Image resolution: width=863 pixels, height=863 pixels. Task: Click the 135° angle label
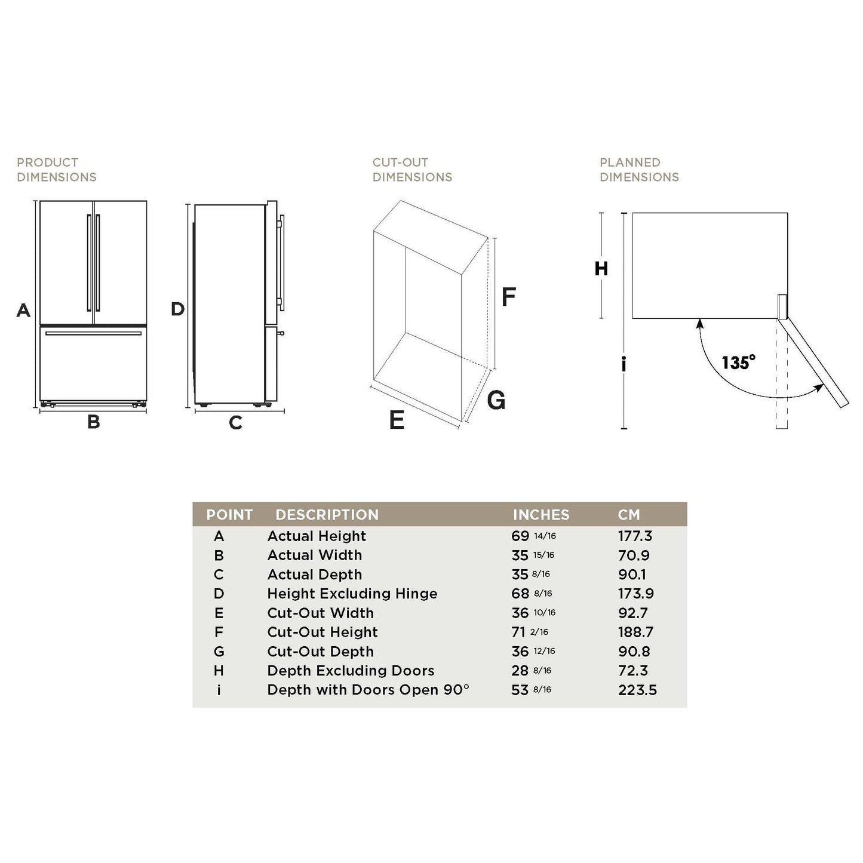point(738,362)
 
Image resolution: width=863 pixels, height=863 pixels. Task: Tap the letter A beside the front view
point(24,310)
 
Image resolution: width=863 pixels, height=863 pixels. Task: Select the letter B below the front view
point(94,422)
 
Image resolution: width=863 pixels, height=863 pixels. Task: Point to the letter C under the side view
point(235,423)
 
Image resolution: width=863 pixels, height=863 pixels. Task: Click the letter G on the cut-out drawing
point(496,400)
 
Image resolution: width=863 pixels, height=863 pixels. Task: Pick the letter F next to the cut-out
point(508,296)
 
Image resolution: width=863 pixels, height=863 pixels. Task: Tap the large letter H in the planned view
point(601,269)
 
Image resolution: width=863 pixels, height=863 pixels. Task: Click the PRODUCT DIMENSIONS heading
point(56,170)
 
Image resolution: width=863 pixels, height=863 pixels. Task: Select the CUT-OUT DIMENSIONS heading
point(412,170)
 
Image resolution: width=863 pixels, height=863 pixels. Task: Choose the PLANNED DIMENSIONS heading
point(639,170)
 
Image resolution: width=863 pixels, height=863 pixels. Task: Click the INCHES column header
point(541,515)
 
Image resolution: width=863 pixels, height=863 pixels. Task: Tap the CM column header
point(629,515)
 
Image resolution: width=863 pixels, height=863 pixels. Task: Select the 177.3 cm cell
point(635,536)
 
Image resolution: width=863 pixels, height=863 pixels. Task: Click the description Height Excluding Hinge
point(352,594)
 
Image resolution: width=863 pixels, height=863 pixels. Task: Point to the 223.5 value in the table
point(637,690)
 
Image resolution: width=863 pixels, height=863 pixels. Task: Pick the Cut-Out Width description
point(320,613)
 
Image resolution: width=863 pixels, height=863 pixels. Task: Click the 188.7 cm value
point(636,632)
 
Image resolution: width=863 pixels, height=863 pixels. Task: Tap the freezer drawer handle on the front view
point(94,333)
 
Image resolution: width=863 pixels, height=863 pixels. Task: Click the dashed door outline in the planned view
point(782,374)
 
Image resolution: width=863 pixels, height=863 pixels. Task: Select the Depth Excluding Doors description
point(351,671)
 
